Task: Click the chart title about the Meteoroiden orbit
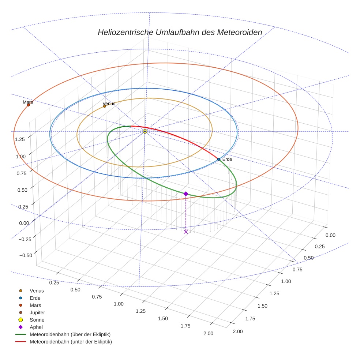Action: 180,32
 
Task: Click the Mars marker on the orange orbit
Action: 29,105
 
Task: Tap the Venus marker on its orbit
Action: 105,106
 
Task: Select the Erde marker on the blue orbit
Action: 218,159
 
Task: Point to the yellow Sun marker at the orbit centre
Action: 145,131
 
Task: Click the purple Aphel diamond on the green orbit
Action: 186,194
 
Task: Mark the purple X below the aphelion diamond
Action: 186,232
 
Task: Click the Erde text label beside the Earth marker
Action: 227,160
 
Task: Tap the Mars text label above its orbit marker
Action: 28,102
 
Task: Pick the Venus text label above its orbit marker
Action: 109,104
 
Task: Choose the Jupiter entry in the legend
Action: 37,312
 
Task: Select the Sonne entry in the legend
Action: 37,320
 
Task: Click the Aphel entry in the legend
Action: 37,327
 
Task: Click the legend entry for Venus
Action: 37,290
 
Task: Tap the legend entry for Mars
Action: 35,305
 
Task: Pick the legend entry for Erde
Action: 35,298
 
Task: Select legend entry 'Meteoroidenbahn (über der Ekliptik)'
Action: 70,334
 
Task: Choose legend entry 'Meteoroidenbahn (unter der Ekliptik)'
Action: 71,342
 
